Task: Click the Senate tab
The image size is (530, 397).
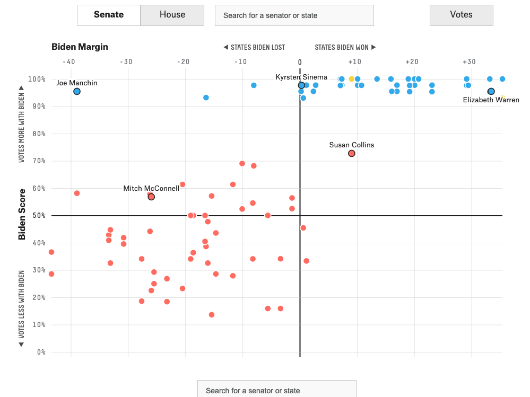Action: (109, 15)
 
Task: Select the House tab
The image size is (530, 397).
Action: (172, 15)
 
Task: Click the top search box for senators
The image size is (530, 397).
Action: (294, 15)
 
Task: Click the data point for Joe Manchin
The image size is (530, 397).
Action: (77, 92)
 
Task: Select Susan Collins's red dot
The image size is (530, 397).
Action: (351, 154)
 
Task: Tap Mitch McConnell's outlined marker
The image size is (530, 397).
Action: (151, 197)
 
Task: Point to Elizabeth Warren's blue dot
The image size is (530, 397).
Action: (491, 92)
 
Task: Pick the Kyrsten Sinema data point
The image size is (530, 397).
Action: (301, 85)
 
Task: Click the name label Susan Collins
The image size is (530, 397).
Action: (351, 145)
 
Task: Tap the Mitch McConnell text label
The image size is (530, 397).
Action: (151, 188)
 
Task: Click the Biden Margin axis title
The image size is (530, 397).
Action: (80, 47)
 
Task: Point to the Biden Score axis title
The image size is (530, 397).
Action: (22, 214)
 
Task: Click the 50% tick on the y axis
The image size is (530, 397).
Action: (40, 216)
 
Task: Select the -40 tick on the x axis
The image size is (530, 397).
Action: (68, 61)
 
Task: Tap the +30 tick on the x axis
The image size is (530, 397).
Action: (468, 61)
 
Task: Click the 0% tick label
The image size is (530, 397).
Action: (41, 352)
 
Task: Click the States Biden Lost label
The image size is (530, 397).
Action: (254, 47)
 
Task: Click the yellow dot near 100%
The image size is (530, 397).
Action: (351, 79)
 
